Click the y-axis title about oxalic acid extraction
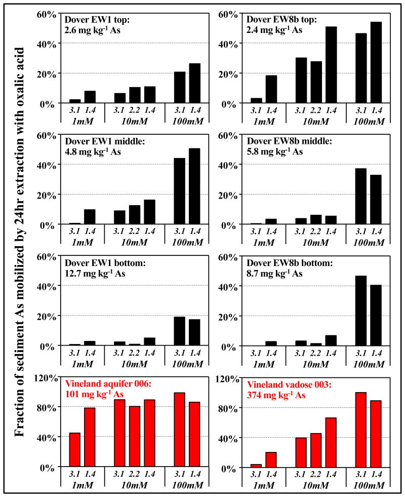(20, 248)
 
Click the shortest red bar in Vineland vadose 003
(257, 465)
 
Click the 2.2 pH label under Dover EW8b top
(316, 108)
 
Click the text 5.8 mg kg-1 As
(275, 152)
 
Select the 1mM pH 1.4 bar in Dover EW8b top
(271, 89)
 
